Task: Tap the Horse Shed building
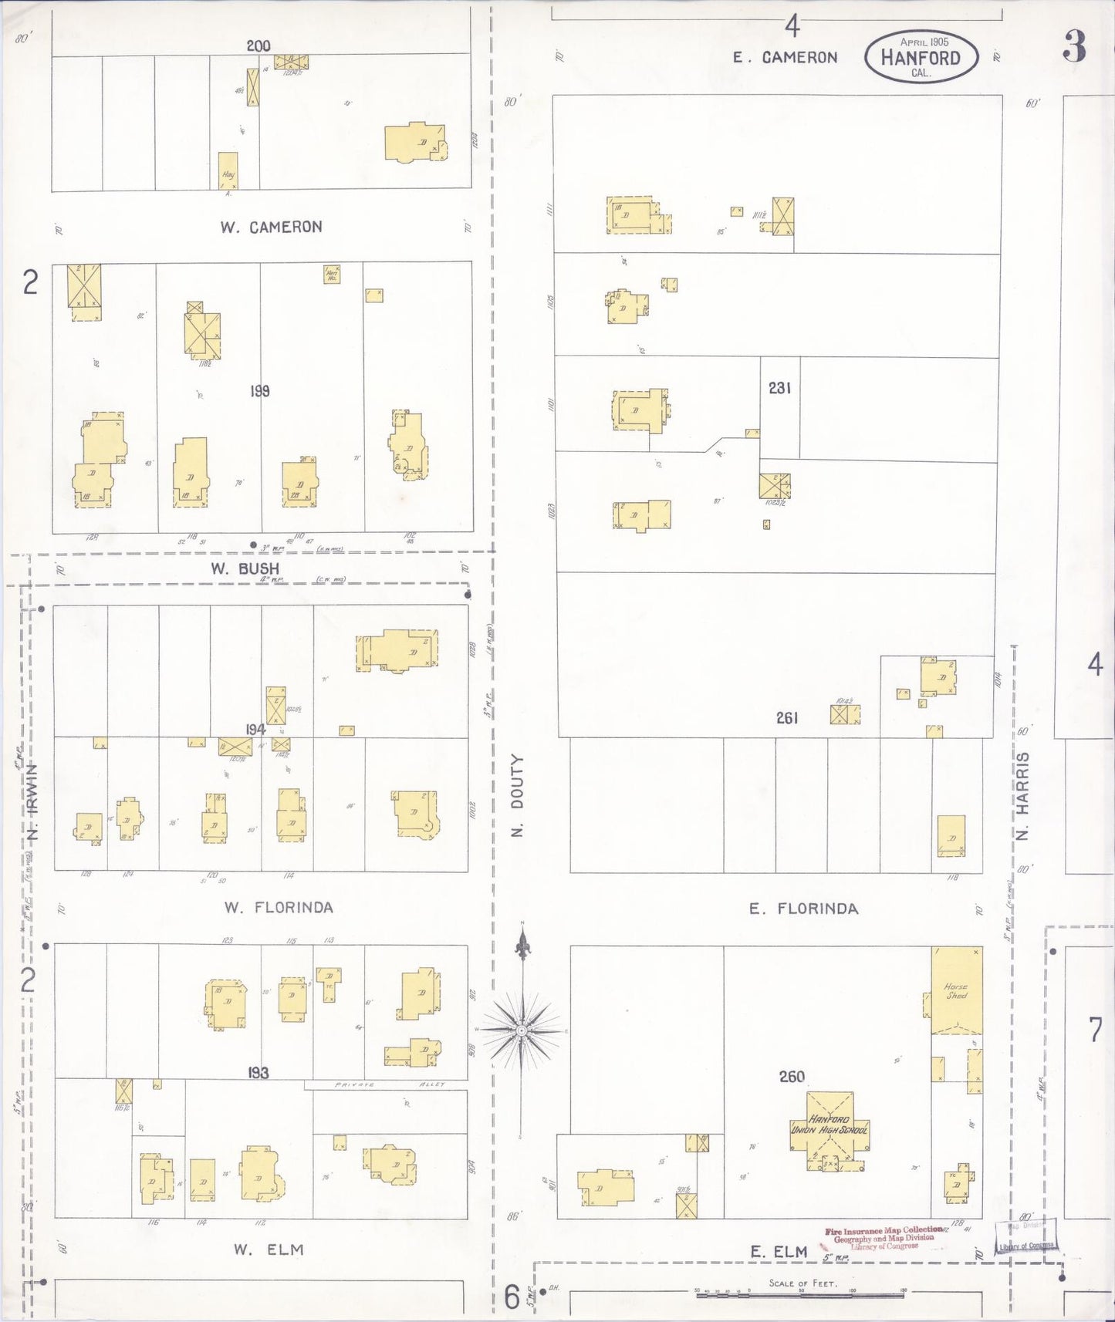(957, 990)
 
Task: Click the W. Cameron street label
(270, 227)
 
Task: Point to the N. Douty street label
(518, 795)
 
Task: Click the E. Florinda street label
(803, 909)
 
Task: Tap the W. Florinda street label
(279, 907)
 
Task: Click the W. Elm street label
(269, 1250)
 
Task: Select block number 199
(259, 391)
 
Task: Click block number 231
(779, 388)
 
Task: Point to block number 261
(787, 718)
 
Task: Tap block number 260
(792, 1076)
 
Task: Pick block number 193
(258, 1073)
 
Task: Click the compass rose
(522, 1030)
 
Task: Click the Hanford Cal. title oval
(921, 57)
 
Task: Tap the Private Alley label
(390, 1084)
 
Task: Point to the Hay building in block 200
(228, 170)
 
